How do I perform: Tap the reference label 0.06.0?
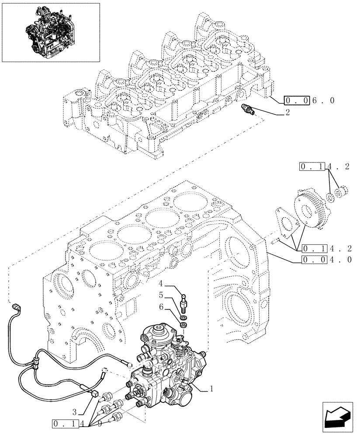[309, 101]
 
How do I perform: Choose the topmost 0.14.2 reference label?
[325, 166]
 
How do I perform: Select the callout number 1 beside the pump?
[212, 388]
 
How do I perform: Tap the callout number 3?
[75, 411]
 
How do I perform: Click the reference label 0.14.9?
[76, 423]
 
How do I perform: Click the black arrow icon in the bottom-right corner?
[337, 416]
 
